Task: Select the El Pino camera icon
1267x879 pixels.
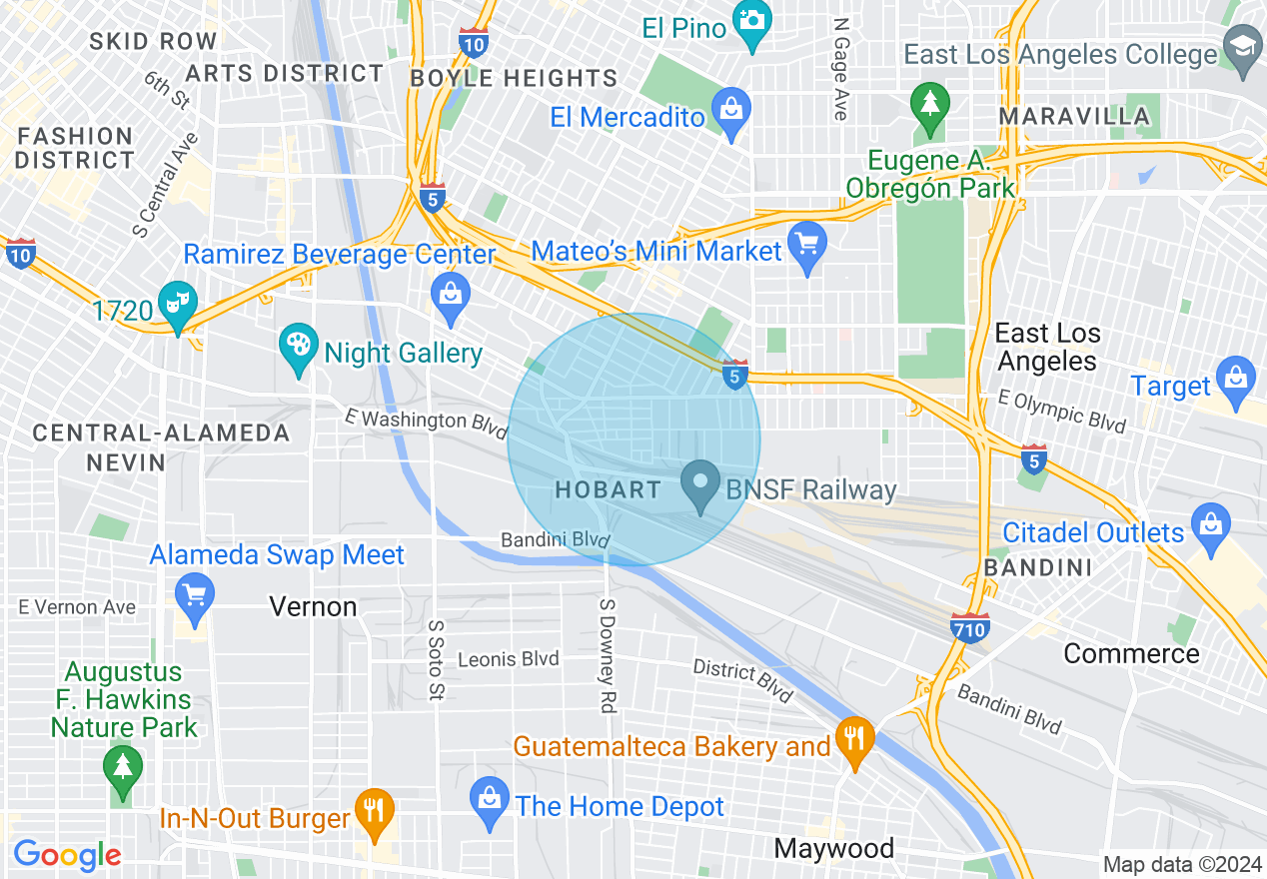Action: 751,23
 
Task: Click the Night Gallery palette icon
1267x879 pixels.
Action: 298,348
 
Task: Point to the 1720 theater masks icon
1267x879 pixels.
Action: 180,305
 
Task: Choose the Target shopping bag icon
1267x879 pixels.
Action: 1236,381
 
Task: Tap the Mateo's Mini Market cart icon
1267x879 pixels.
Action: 806,246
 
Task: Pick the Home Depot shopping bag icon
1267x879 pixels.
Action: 489,800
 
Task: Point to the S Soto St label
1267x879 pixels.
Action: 436,658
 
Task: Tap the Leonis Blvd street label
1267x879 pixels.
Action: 509,659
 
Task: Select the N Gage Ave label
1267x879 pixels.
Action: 839,69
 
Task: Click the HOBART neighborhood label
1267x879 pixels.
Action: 608,490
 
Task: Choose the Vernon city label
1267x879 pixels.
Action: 313,607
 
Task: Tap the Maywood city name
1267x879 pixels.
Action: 834,849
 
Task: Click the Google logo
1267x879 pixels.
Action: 68,855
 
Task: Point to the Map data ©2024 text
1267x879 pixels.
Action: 1182,864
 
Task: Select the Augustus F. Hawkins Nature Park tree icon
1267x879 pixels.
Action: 122,769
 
